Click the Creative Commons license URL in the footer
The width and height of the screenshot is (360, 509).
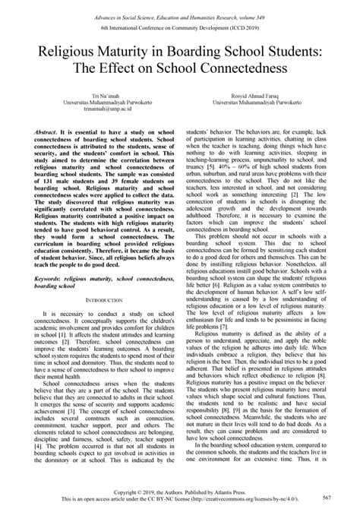point(248,499)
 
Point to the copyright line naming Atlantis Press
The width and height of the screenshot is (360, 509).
point(179,491)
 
